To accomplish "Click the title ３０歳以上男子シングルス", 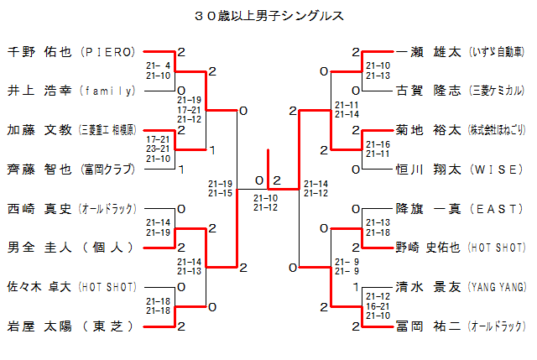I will click(x=268, y=15).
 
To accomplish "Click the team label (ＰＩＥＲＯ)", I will click(x=107, y=51).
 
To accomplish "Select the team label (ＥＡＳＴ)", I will click(x=498, y=208).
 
